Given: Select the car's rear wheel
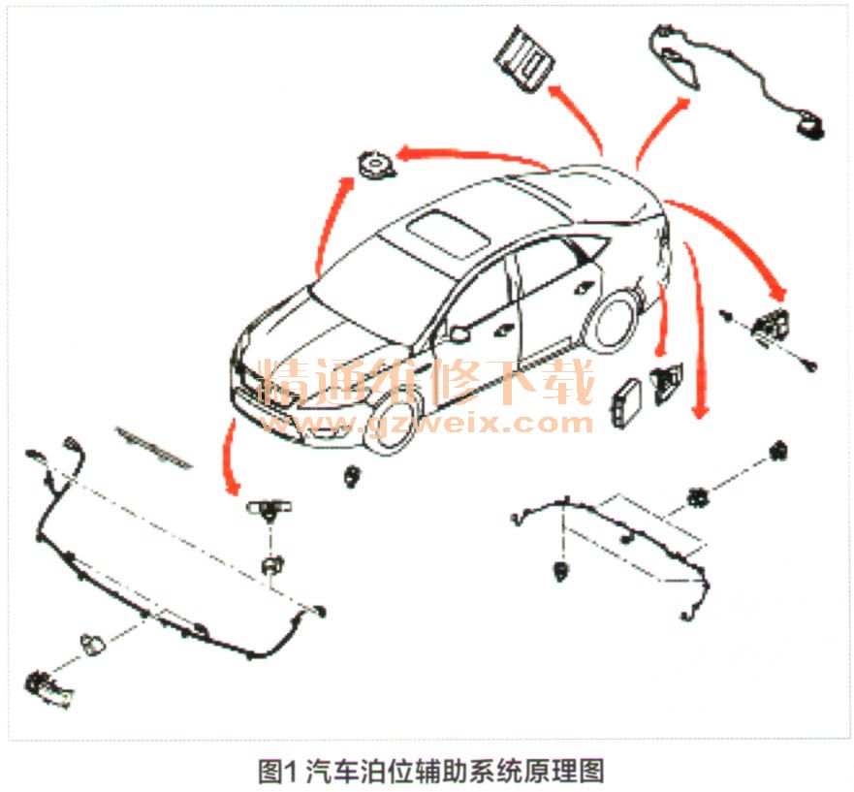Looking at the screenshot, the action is click(614, 321).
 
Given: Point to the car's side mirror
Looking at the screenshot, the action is click(459, 333).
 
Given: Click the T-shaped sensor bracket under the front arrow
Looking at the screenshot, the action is click(269, 510).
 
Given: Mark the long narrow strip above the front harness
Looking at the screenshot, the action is click(154, 446).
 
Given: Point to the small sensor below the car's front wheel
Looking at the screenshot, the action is click(353, 476).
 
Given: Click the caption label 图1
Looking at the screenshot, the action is click(278, 771).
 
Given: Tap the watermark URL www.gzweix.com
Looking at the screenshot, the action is click(427, 422).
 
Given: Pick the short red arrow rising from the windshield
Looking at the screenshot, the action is click(332, 225).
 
